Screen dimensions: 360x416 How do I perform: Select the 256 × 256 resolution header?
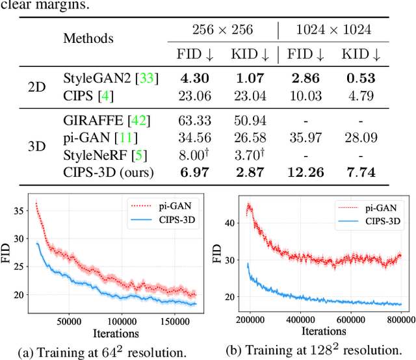(222, 29)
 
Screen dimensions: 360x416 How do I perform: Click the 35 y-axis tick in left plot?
(19, 210)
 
